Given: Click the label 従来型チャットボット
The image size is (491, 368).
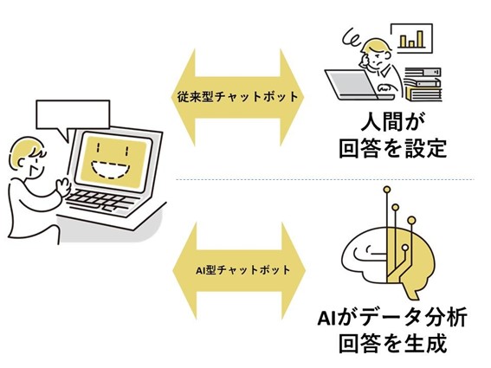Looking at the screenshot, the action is pyautogui.click(x=237, y=96).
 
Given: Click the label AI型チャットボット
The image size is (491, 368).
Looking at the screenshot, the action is pyautogui.click(x=243, y=269).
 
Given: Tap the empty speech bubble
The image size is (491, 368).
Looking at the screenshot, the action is pyautogui.click(x=73, y=115).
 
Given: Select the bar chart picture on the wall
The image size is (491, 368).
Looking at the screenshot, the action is pyautogui.click(x=411, y=38).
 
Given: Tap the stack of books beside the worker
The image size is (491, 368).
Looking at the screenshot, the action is pyautogui.click(x=423, y=85).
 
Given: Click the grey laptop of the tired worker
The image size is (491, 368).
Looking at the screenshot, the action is pyautogui.click(x=355, y=85).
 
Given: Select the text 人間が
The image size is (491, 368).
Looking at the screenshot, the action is pyautogui.click(x=392, y=122).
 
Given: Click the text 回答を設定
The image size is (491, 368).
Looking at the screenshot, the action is pyautogui.click(x=392, y=148).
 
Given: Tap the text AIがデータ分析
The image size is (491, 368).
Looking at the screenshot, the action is pyautogui.click(x=392, y=317).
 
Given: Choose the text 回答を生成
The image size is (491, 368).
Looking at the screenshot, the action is pyautogui.click(x=392, y=344).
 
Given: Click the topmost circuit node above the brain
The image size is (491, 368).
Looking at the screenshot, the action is pyautogui.click(x=387, y=190).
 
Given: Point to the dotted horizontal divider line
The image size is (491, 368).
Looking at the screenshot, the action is pyautogui.click(x=325, y=179).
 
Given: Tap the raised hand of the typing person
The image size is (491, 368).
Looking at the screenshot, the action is pyautogui.click(x=63, y=187).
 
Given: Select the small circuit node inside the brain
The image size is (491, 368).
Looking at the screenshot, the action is pyautogui.click(x=405, y=248).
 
